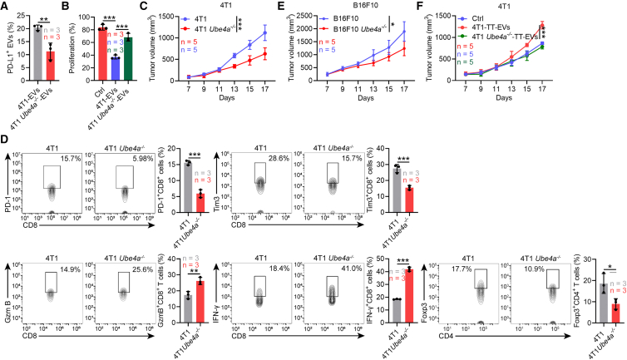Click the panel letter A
[x=5, y=6]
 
